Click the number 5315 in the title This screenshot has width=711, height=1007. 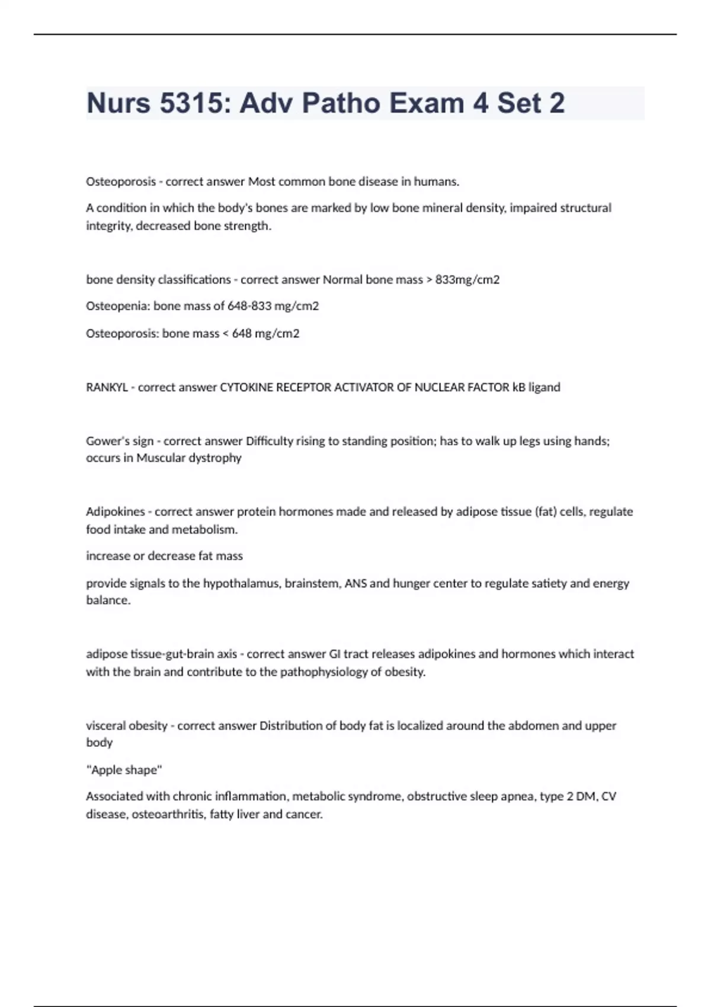[193, 103]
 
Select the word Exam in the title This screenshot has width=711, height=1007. [426, 103]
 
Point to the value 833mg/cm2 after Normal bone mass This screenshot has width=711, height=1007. [467, 280]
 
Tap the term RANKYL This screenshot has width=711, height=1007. [107, 387]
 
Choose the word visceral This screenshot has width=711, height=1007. [105, 726]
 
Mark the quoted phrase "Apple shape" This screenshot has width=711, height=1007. [124, 770]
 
